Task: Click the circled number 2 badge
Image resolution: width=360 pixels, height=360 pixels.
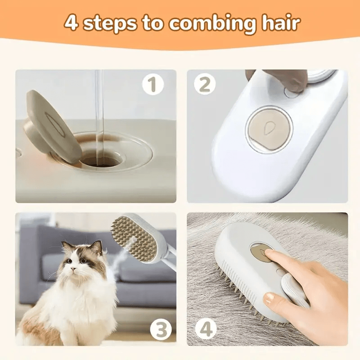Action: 205,84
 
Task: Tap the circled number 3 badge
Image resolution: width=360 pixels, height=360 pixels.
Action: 161,331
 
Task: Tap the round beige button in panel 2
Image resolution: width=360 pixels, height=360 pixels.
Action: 269,128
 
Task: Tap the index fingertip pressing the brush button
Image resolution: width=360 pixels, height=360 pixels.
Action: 268,255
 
